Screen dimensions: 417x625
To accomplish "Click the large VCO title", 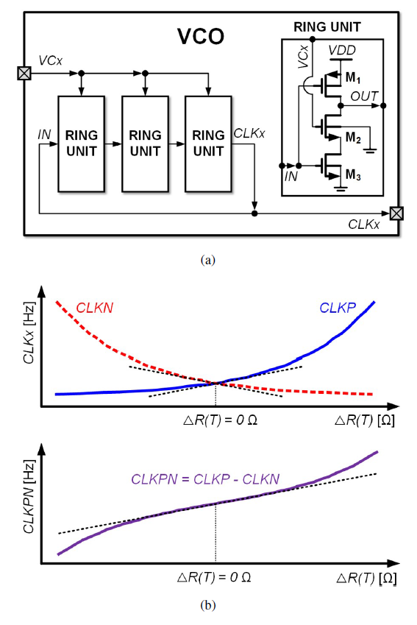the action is tap(201, 36).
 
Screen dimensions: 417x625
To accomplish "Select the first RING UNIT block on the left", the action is tap(81, 144).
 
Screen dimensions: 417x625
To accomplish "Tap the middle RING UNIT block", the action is tap(145, 144).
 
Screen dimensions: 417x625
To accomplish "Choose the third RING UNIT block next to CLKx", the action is tap(208, 144).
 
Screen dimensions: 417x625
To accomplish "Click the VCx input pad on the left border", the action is tap(24, 74).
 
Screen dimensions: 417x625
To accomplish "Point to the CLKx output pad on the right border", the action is tap(396, 213).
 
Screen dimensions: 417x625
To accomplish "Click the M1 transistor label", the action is tap(353, 77).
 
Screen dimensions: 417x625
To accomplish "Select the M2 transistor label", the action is tap(353, 138).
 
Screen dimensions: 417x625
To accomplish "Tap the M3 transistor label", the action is tap(353, 174).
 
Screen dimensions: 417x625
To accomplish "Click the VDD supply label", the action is tap(342, 51).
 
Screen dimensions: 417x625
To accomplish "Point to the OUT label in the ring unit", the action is tap(364, 96).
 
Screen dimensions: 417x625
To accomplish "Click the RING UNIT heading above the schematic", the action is tap(327, 27).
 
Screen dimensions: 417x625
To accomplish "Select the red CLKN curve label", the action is tap(94, 308).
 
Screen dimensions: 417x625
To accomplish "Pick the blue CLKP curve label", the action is tap(338, 308).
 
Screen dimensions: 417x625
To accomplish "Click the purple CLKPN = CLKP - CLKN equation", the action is tap(205, 479).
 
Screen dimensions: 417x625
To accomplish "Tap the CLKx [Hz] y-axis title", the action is tap(29, 333).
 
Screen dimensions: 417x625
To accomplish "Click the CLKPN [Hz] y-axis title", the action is tap(29, 497).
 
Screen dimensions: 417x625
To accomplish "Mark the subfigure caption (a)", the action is tap(208, 260).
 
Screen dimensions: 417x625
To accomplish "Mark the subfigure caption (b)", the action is tap(208, 605).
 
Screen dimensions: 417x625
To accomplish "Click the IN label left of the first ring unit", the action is tap(44, 135).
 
